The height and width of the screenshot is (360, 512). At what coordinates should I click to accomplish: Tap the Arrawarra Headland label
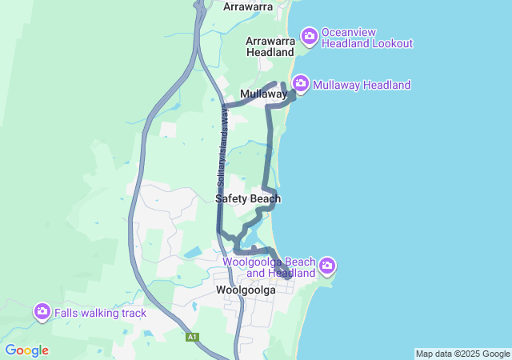(x=270, y=46)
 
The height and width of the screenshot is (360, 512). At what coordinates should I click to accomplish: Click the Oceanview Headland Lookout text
(x=366, y=38)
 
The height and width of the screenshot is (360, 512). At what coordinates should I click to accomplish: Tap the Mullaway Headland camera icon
(x=301, y=83)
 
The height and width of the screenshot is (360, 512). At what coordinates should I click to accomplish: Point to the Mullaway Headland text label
(x=362, y=85)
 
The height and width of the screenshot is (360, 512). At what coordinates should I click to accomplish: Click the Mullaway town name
(x=263, y=94)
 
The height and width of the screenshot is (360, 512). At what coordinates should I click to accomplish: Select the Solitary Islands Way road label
(x=223, y=145)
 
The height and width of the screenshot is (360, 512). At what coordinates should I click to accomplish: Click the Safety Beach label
(x=248, y=198)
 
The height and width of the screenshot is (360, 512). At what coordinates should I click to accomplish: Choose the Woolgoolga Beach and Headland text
(x=269, y=267)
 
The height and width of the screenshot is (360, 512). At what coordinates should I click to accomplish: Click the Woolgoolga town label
(x=246, y=290)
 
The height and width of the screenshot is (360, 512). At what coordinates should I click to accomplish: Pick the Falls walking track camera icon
(x=42, y=311)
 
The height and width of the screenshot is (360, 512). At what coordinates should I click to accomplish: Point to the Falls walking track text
(x=100, y=313)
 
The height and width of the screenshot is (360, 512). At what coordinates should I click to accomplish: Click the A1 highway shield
(x=192, y=337)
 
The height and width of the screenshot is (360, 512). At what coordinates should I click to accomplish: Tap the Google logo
(x=26, y=350)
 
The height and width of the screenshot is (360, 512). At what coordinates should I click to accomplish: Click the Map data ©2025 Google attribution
(x=462, y=354)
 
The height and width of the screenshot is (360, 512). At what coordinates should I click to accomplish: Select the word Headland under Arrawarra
(x=270, y=52)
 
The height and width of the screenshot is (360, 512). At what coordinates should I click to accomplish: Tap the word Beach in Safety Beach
(x=266, y=198)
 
